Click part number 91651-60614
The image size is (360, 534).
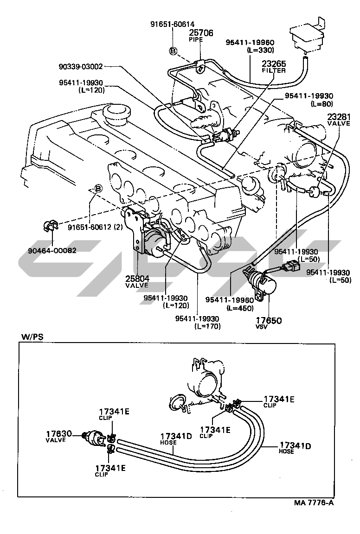click(173, 24)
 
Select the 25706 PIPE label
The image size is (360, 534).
click(201, 36)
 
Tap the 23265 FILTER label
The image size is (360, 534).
click(274, 66)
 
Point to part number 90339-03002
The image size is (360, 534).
click(81, 66)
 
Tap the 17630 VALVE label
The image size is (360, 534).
click(58, 436)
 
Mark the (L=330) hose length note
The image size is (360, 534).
click(261, 50)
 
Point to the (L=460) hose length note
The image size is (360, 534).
click(242, 308)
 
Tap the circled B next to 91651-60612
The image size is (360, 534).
click(98, 188)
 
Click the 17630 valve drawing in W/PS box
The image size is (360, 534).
click(95, 437)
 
